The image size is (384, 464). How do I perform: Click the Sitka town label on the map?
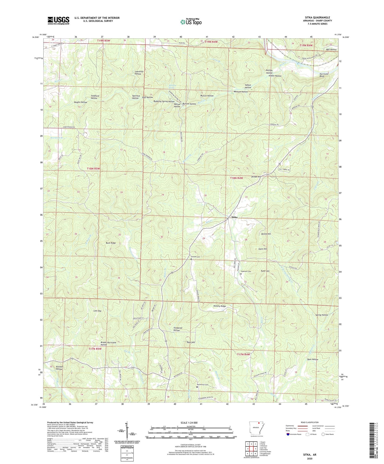click(x=234, y=217)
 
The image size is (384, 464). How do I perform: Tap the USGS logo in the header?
click(x=58, y=20)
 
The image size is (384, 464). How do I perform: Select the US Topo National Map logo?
click(x=191, y=22)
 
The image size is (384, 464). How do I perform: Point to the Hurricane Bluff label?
click(x=324, y=75)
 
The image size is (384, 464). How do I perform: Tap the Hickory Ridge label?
click(x=220, y=306)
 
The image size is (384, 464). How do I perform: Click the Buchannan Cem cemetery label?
click(x=202, y=385)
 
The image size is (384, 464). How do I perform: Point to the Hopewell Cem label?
click(x=246, y=271)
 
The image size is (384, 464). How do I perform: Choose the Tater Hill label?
click(x=191, y=342)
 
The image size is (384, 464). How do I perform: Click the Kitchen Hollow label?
click(x=59, y=368)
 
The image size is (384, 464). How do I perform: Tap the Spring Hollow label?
click(x=322, y=315)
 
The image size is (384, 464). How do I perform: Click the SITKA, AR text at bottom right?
click(x=310, y=455)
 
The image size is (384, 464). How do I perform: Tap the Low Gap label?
click(x=97, y=311)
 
